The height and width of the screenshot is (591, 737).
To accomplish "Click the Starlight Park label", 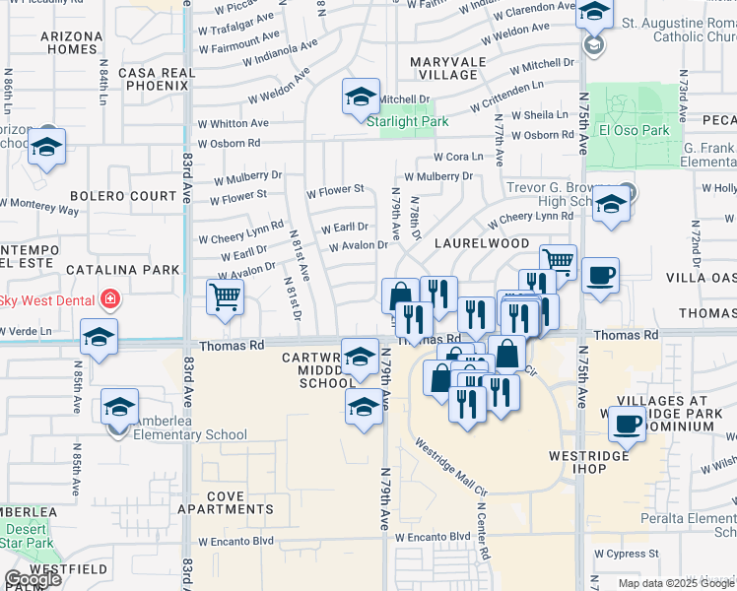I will click(x=408, y=121).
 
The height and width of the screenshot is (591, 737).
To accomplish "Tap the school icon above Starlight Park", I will click(x=362, y=98).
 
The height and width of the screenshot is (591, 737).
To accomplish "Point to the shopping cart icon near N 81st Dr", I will click(x=226, y=295).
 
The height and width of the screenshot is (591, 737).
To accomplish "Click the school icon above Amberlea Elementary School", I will click(x=120, y=407).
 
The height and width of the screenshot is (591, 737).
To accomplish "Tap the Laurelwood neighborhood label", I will click(x=479, y=242).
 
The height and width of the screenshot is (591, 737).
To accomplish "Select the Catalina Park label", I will click(x=123, y=269).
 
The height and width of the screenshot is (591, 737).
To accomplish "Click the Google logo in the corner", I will click(x=33, y=579).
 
